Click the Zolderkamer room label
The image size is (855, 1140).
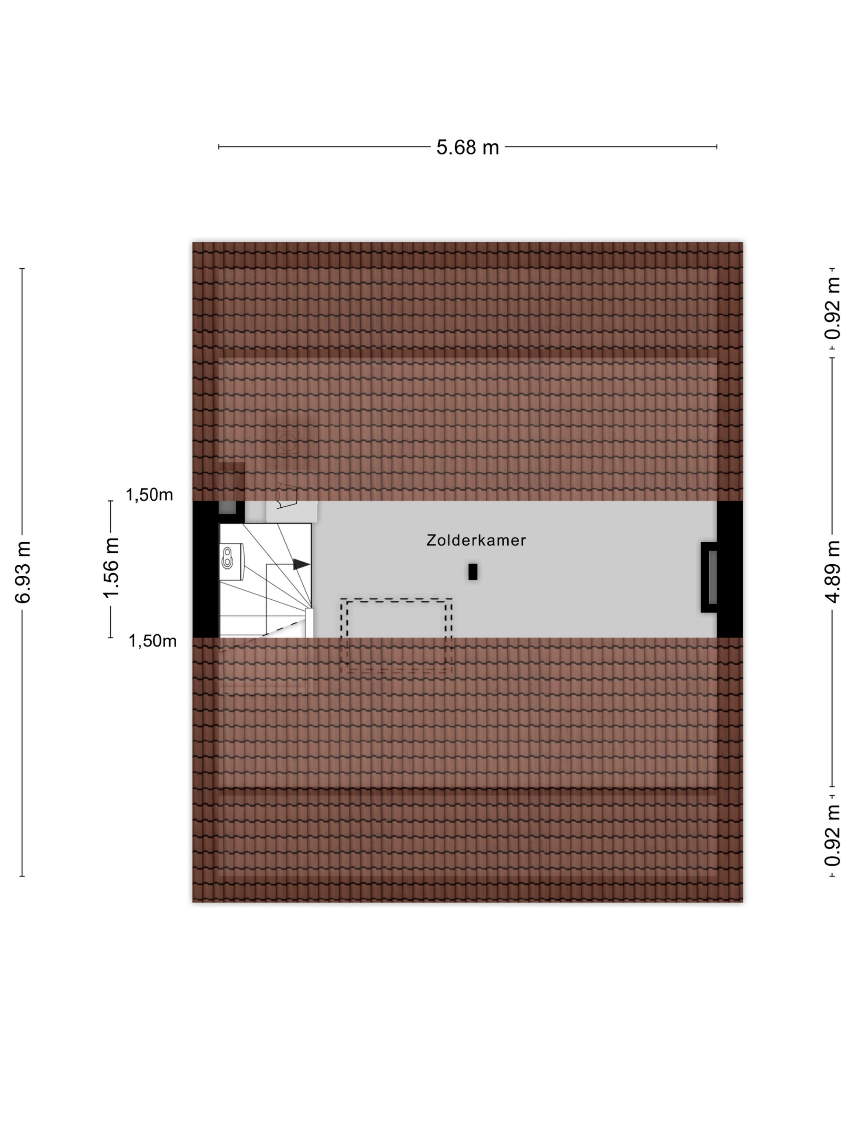click(x=476, y=540)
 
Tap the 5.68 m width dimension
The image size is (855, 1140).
click(x=467, y=147)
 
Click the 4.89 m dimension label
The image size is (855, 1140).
click(x=832, y=572)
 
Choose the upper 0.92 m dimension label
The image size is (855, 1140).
click(x=832, y=308)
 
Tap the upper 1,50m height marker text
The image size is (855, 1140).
click(x=149, y=495)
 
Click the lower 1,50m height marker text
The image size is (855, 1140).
click(x=153, y=641)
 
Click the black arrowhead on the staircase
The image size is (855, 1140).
click(x=302, y=564)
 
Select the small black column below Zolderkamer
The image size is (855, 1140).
click(x=473, y=572)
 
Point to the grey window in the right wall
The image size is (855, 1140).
click(x=713, y=577)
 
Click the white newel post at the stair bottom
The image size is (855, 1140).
click(x=310, y=623)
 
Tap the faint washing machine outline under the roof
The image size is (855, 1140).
click(x=287, y=442)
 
